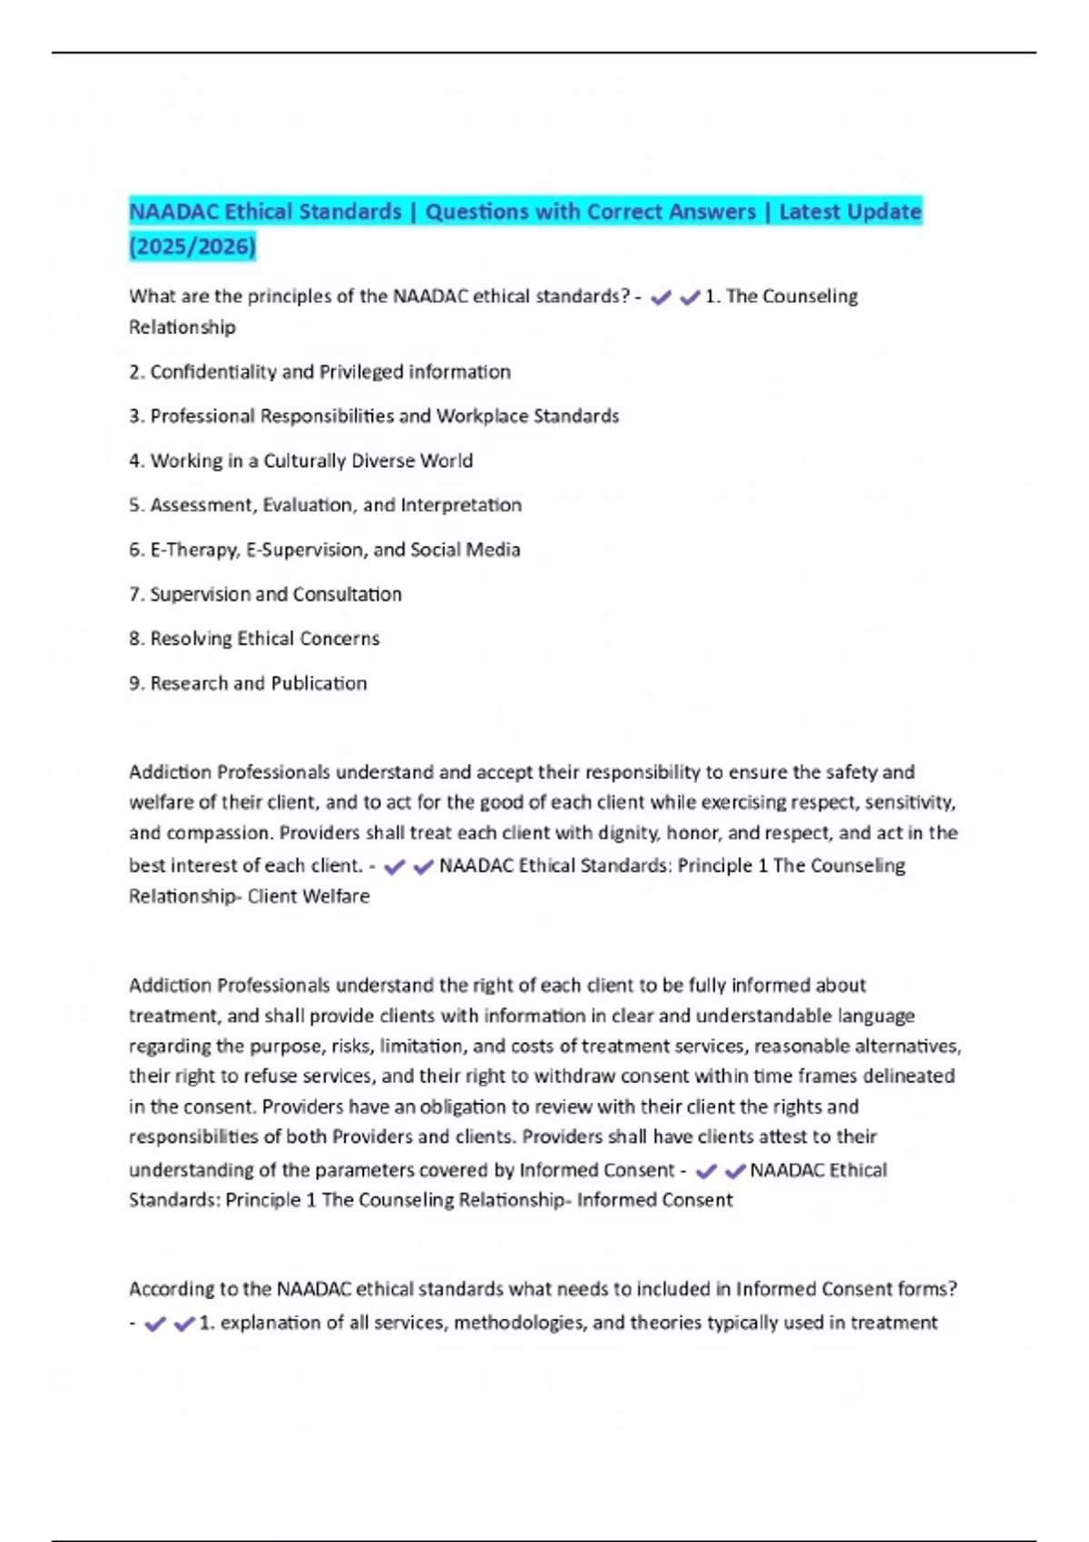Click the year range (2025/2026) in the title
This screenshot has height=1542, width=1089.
192,246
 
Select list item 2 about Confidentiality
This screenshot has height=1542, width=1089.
319,372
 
